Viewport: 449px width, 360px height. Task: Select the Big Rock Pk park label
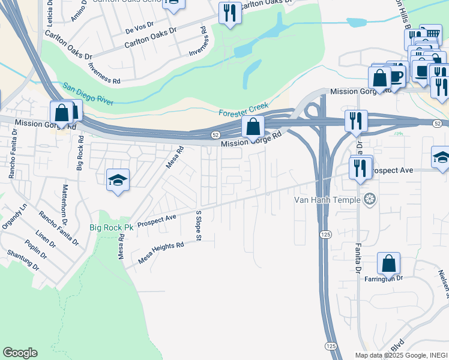(x=111, y=228)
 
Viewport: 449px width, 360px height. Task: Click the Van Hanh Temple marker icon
(x=371, y=199)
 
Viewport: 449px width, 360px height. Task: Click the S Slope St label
(x=197, y=223)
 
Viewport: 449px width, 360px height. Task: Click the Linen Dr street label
(x=45, y=238)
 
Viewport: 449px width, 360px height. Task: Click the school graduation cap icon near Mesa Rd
(x=118, y=179)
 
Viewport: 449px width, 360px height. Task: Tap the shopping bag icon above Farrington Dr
(x=389, y=263)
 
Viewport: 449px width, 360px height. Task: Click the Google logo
(x=20, y=353)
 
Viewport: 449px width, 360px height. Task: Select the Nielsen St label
(x=444, y=281)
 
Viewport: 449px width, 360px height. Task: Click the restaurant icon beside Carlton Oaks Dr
(x=229, y=13)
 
